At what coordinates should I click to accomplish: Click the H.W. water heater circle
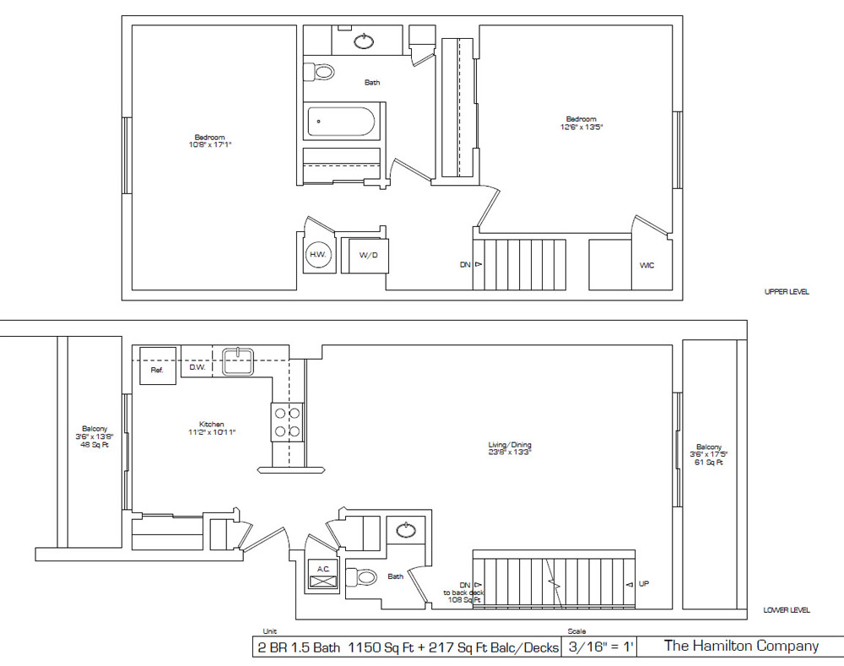click(x=317, y=254)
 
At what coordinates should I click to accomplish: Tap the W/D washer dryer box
click(x=368, y=255)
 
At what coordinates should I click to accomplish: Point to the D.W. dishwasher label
click(x=198, y=366)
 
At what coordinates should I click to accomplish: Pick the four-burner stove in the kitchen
click(x=286, y=422)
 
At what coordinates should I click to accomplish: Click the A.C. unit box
click(x=323, y=574)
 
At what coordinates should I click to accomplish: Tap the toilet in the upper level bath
click(x=319, y=73)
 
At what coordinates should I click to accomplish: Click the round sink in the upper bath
click(x=364, y=41)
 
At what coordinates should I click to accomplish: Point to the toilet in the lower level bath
click(x=364, y=577)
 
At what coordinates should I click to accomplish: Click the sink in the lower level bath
click(x=406, y=530)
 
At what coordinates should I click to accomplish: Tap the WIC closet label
click(x=647, y=265)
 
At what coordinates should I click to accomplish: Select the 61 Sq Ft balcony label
click(x=709, y=454)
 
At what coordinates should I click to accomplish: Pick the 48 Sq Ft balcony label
click(x=95, y=436)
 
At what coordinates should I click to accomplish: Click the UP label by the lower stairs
click(x=644, y=583)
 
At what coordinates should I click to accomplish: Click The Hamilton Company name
click(x=741, y=646)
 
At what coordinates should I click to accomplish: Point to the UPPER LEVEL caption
click(x=786, y=292)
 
